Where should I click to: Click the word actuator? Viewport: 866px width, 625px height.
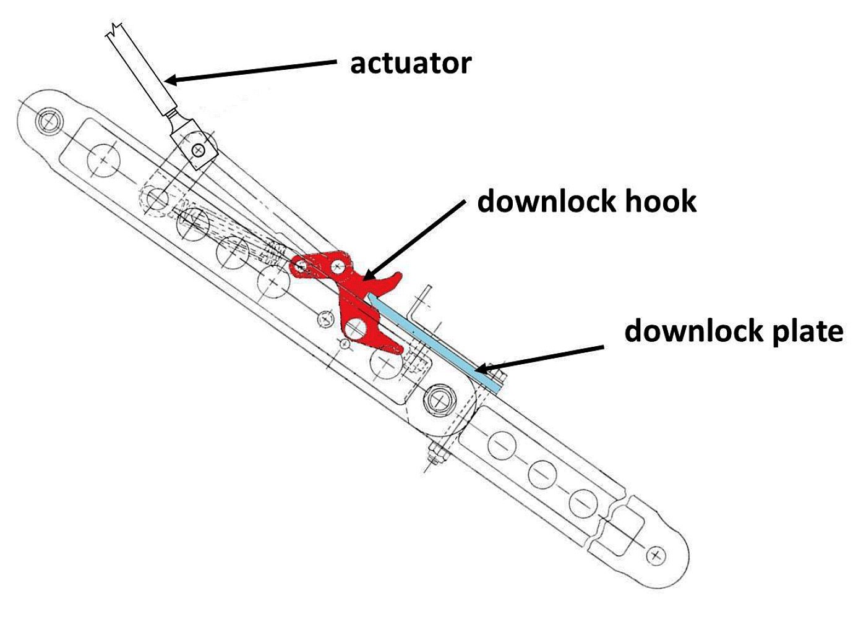(x=411, y=64)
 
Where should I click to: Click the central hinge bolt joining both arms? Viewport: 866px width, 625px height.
(x=439, y=400)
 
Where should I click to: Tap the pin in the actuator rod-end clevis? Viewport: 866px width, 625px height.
(x=198, y=149)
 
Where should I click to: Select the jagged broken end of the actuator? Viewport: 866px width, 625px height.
(x=117, y=30)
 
